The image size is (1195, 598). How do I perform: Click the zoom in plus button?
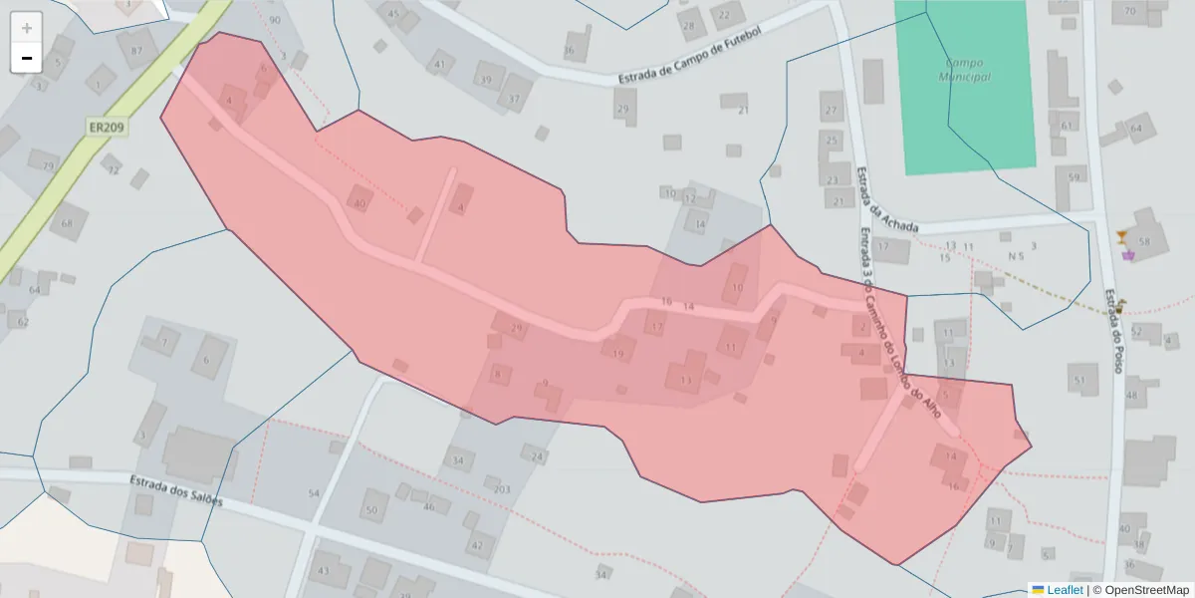(27, 28)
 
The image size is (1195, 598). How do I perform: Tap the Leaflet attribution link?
(1065, 590)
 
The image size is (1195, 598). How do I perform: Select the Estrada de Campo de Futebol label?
(689, 59)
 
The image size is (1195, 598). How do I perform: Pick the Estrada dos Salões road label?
(175, 490)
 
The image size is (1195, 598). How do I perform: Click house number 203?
(502, 489)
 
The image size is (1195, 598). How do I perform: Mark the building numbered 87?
(136, 51)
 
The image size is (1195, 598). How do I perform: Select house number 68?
(68, 222)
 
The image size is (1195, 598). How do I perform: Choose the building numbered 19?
(618, 354)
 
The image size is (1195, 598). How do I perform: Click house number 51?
(1079, 380)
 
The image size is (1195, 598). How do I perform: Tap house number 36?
(569, 50)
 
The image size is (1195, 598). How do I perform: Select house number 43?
(323, 571)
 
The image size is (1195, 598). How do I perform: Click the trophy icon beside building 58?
(1122, 236)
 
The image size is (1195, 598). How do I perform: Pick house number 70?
(1129, 11)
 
